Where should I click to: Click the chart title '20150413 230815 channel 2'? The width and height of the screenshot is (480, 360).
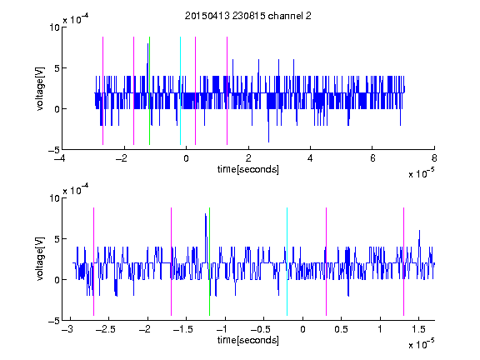248,16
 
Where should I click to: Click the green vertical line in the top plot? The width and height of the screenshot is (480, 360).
149,91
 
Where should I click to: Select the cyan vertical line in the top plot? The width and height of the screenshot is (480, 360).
180,91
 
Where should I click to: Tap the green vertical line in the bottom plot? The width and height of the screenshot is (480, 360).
209,262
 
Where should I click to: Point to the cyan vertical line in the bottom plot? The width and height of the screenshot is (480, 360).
287,262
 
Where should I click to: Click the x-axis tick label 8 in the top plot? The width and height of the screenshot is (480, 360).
434,158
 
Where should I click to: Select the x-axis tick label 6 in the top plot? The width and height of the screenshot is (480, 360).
372,158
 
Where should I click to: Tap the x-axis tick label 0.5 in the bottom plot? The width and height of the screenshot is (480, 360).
341,329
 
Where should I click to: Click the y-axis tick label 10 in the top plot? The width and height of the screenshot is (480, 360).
54,27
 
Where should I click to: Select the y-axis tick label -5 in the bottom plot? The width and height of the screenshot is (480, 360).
54,321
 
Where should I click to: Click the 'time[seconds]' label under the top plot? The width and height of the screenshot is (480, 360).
248,169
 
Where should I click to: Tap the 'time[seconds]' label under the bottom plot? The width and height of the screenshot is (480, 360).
248,340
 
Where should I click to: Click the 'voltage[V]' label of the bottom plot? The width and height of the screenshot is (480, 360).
40,259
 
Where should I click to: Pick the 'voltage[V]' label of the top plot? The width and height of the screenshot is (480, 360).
40,88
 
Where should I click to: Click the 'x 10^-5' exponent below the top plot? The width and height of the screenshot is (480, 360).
422,173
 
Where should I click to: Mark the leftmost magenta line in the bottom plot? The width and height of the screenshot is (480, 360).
93,262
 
